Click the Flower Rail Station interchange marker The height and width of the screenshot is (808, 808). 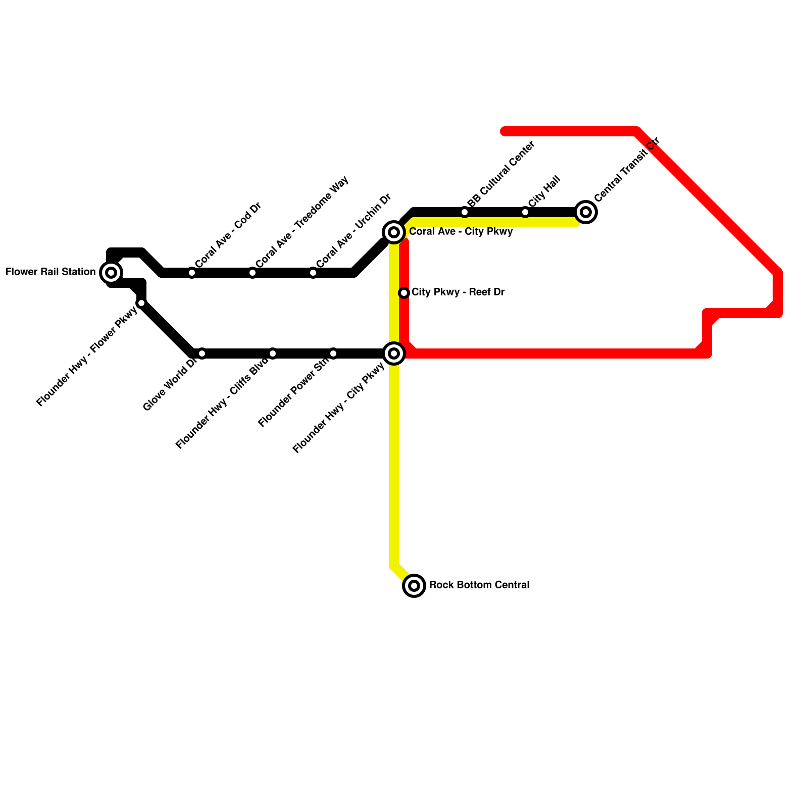click(x=111, y=273)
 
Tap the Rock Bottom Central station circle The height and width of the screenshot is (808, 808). click(x=414, y=586)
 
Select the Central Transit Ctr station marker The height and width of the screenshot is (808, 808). click(x=586, y=212)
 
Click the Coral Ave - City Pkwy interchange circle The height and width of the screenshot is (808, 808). click(x=394, y=232)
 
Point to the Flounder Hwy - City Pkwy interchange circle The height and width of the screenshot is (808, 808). click(x=394, y=353)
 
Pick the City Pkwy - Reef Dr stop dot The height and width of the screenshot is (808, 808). click(x=404, y=293)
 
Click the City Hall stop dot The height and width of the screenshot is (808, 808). click(x=525, y=212)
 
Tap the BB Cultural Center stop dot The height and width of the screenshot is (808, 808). click(x=465, y=212)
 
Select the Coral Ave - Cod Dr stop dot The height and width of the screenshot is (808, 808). click(x=192, y=273)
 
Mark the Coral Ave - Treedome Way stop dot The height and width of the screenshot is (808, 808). click(x=252, y=273)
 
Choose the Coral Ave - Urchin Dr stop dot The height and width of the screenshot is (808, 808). click(x=313, y=273)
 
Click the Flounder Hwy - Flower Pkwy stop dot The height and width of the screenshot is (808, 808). click(x=141, y=303)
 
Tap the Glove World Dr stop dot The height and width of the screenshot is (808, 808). click(x=202, y=353)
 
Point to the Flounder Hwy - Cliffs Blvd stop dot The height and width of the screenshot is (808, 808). click(x=273, y=353)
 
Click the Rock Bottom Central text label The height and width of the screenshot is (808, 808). click(x=479, y=585)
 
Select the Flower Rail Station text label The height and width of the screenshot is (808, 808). click(x=50, y=272)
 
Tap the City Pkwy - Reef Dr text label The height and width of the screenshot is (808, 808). click(x=458, y=292)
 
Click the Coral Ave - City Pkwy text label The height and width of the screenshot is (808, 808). click(x=461, y=232)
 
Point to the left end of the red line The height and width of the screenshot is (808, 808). click(x=504, y=132)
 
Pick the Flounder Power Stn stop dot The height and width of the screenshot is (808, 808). click(x=333, y=353)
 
